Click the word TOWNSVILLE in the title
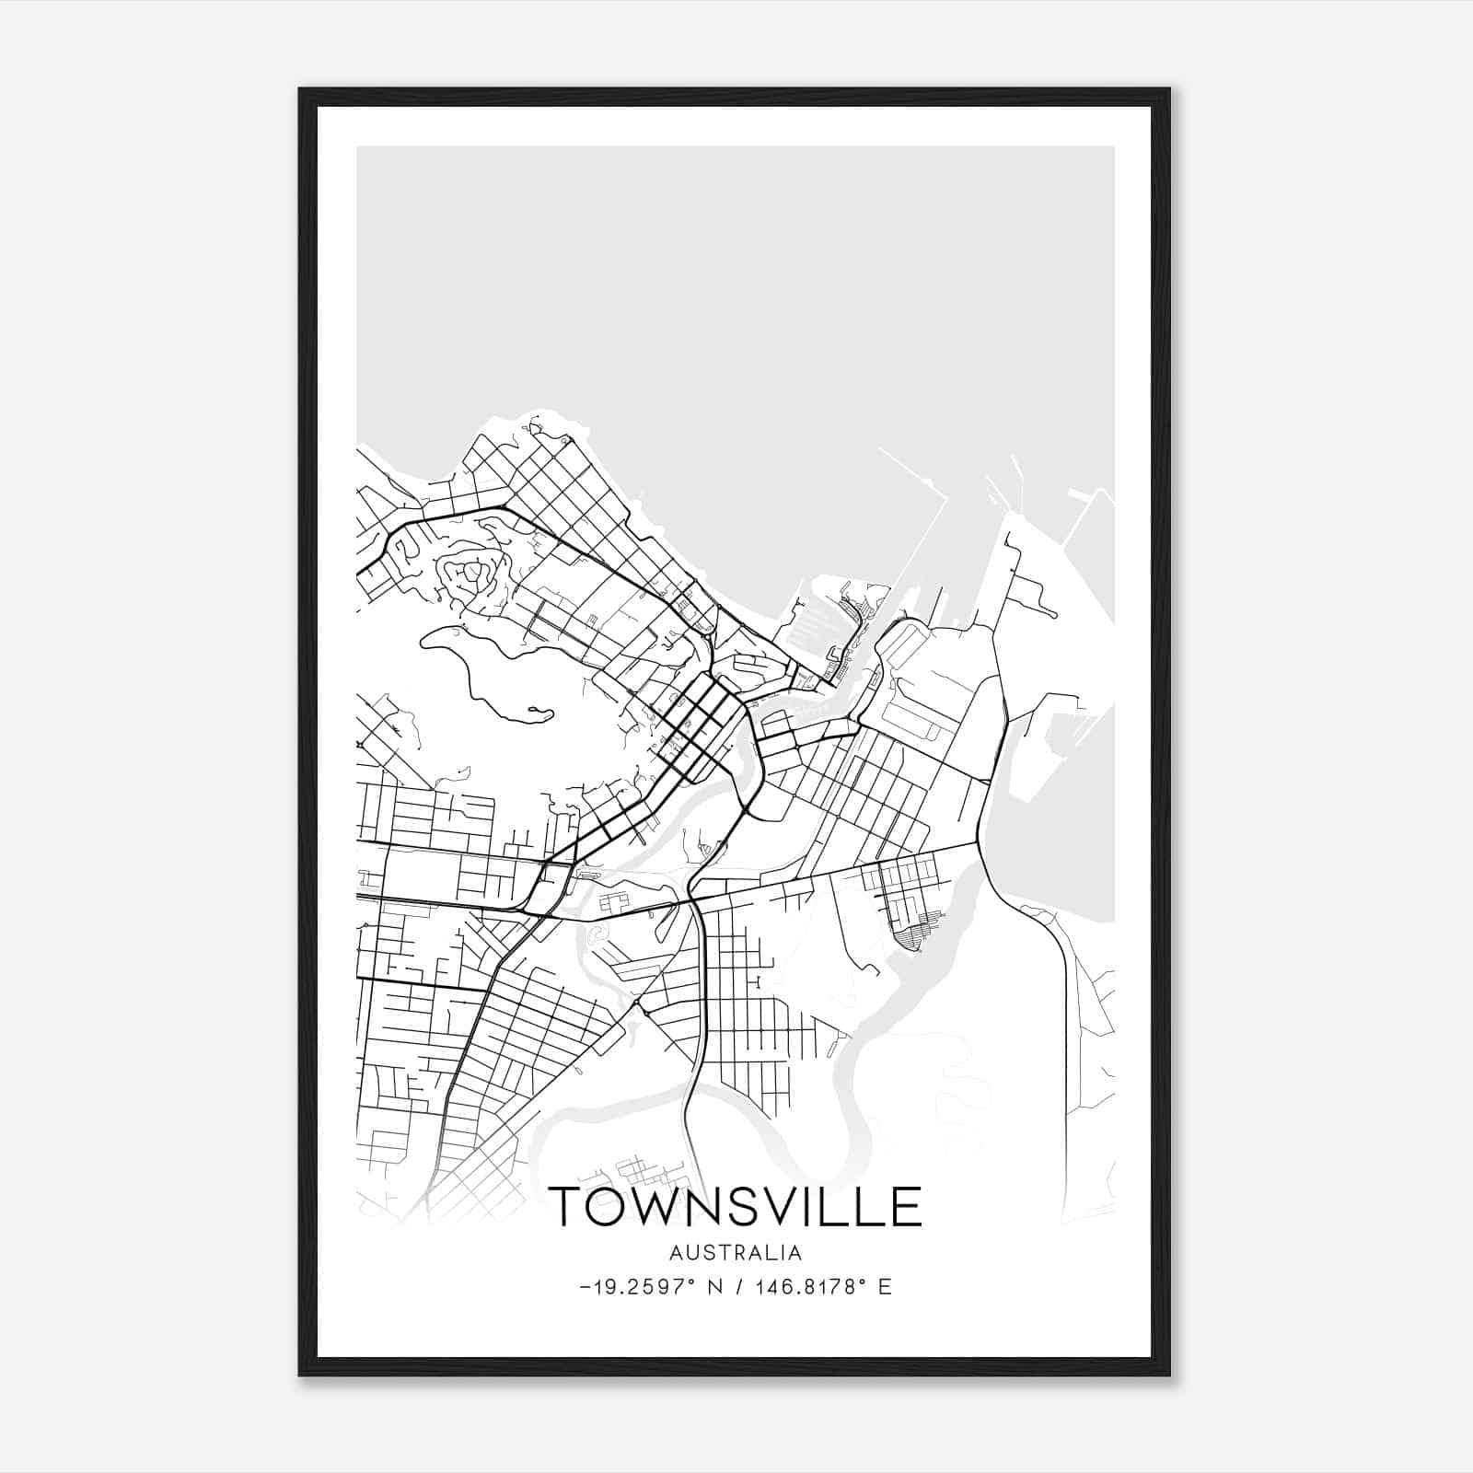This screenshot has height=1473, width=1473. [735, 1206]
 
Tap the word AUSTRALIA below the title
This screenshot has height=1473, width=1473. [736, 1253]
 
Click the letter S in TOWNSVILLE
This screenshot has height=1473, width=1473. [744, 1206]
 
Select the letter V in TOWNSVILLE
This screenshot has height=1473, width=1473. [784, 1206]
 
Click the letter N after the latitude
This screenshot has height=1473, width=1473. [713, 1287]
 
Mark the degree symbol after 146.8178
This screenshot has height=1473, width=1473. [863, 1281]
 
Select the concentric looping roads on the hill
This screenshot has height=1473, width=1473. [470, 575]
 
